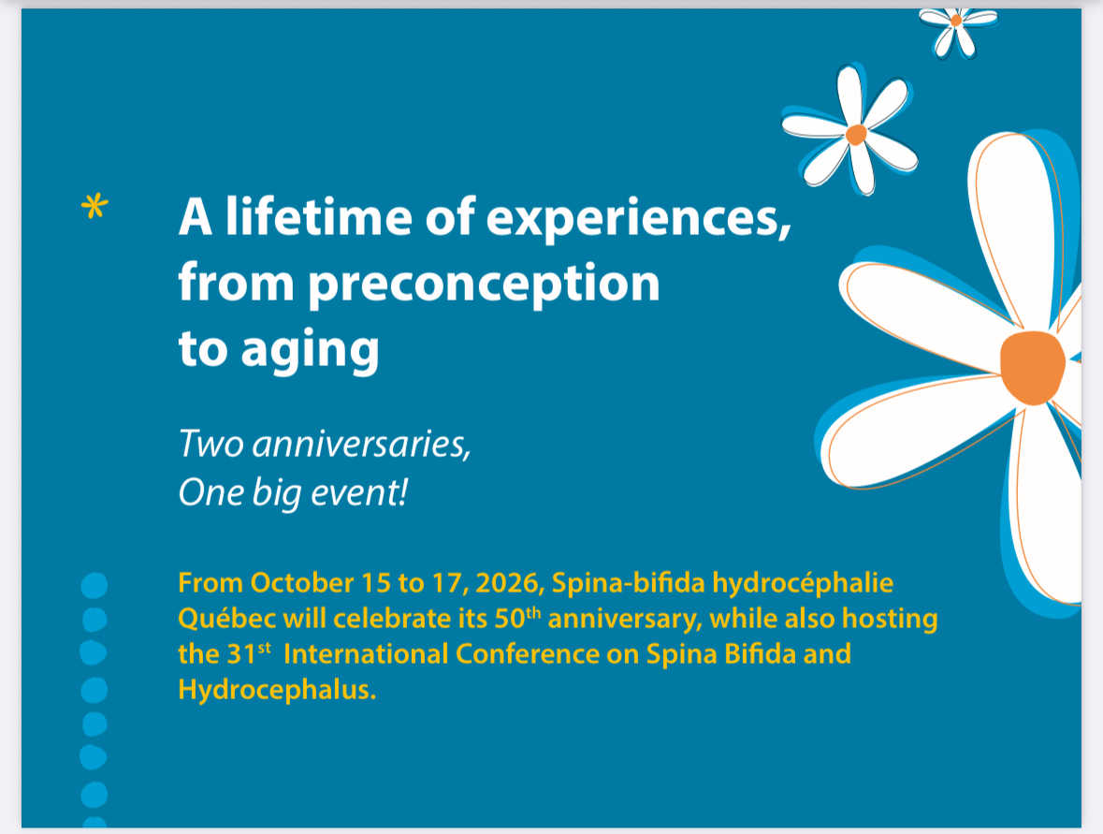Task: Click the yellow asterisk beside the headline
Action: pyautogui.click(x=94, y=206)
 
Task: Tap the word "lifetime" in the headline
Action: pyautogui.click(x=318, y=216)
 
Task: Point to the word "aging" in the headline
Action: pyautogui.click(x=311, y=350)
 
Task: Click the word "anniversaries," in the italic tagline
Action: pyautogui.click(x=361, y=444)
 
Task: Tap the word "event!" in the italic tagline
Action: pyautogui.click(x=359, y=492)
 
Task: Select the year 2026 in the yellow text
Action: pyautogui.click(x=510, y=583)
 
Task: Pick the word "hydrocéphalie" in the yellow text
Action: pyautogui.click(x=803, y=583)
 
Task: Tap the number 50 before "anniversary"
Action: pyautogui.click(x=510, y=619)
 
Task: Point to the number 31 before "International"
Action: pyautogui.click(x=240, y=654)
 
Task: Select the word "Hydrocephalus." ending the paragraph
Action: pyautogui.click(x=277, y=690)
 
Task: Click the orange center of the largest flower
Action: pyautogui.click(x=1032, y=367)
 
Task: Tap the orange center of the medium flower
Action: pyautogui.click(x=856, y=134)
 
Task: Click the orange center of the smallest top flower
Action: pyautogui.click(x=956, y=22)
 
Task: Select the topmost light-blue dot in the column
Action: pyautogui.click(x=94, y=585)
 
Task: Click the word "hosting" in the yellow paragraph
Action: pyautogui.click(x=890, y=620)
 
